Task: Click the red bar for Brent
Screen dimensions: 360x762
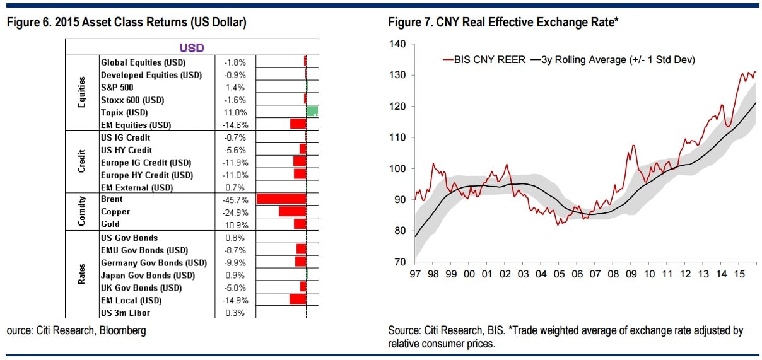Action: click(281, 199)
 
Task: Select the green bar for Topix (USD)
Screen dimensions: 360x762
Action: click(312, 112)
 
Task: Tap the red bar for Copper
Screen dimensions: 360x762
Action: click(292, 211)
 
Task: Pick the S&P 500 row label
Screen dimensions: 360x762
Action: click(117, 87)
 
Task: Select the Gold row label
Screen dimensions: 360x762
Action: click(110, 224)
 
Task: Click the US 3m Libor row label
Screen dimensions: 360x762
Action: click(126, 313)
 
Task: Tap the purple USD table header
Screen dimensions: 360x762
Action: click(192, 48)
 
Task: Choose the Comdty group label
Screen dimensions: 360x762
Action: click(81, 211)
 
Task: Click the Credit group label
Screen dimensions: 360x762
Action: click(81, 162)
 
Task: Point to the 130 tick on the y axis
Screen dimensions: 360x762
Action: click(399, 75)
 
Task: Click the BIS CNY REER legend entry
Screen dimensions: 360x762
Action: click(486, 60)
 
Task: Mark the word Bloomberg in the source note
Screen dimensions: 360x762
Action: click(125, 330)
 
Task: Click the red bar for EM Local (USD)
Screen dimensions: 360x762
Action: click(298, 299)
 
